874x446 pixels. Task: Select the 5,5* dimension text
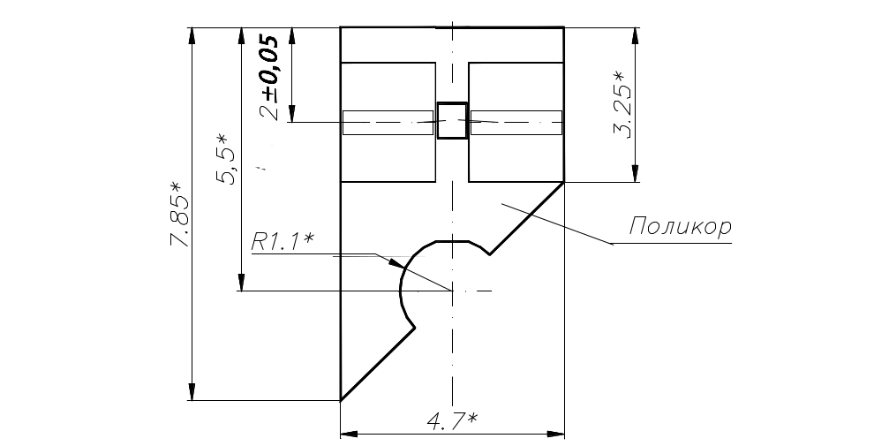(x=227, y=159)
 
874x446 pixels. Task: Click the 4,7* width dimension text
(x=452, y=422)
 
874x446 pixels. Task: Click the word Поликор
(x=680, y=227)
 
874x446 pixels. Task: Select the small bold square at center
(x=452, y=121)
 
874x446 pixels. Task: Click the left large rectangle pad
(x=389, y=122)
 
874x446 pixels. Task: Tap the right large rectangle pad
(x=516, y=122)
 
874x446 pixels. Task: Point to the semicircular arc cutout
(x=403, y=287)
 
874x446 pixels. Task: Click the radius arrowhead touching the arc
(x=395, y=262)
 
